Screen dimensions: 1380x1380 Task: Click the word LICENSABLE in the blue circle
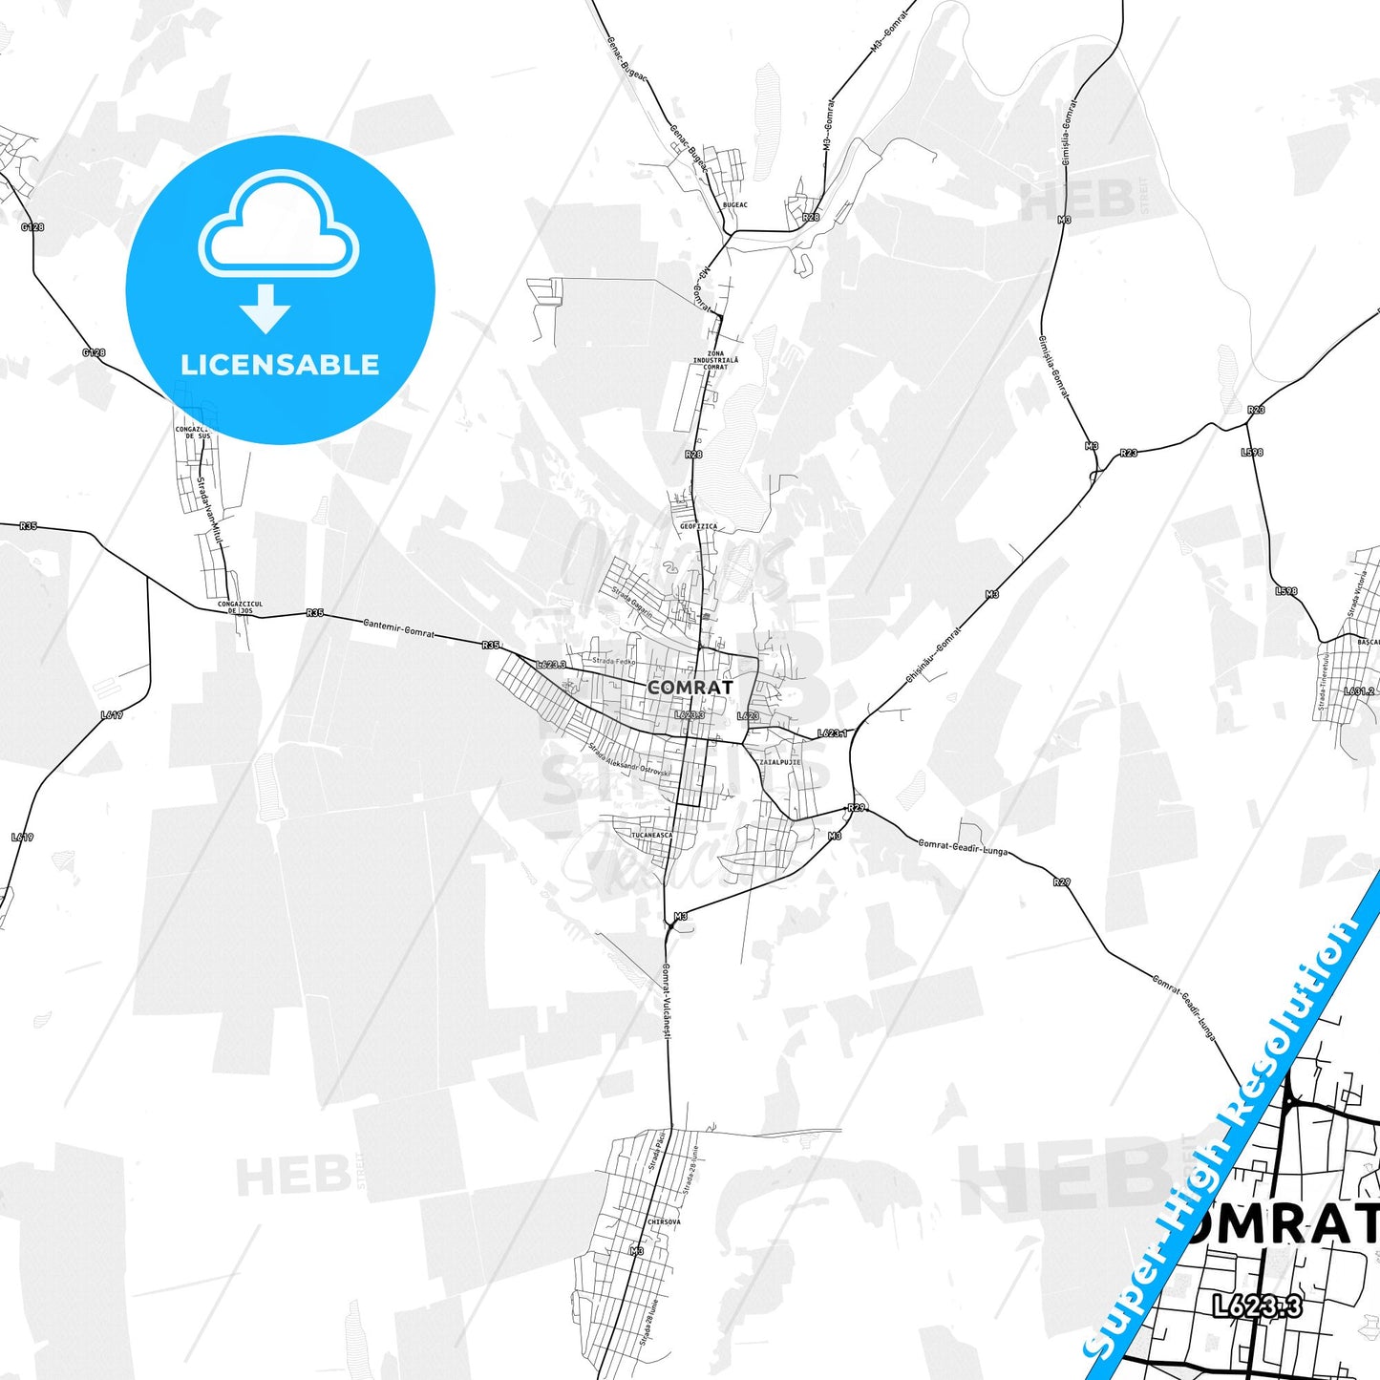pyautogui.click(x=280, y=365)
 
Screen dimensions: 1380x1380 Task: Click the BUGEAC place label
pyautogui.click(x=735, y=205)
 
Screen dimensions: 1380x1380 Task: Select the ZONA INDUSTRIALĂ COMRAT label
pyautogui.click(x=715, y=360)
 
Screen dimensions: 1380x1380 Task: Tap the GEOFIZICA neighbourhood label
pyautogui.click(x=698, y=526)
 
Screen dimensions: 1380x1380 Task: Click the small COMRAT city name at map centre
pyautogui.click(x=690, y=688)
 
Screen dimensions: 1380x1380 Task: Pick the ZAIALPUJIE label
pyautogui.click(x=779, y=762)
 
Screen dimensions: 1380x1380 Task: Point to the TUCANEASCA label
pyautogui.click(x=651, y=835)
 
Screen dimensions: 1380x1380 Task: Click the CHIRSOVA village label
pyautogui.click(x=664, y=1221)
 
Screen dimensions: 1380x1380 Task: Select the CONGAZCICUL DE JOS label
pyautogui.click(x=240, y=607)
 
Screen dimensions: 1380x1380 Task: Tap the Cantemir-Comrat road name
pyautogui.click(x=398, y=627)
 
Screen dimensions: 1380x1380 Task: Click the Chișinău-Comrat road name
pyautogui.click(x=933, y=653)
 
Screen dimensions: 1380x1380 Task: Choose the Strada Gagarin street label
pyautogui.click(x=632, y=602)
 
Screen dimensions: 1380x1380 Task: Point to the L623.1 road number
pyautogui.click(x=832, y=733)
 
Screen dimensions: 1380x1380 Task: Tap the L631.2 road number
pyautogui.click(x=1359, y=691)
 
